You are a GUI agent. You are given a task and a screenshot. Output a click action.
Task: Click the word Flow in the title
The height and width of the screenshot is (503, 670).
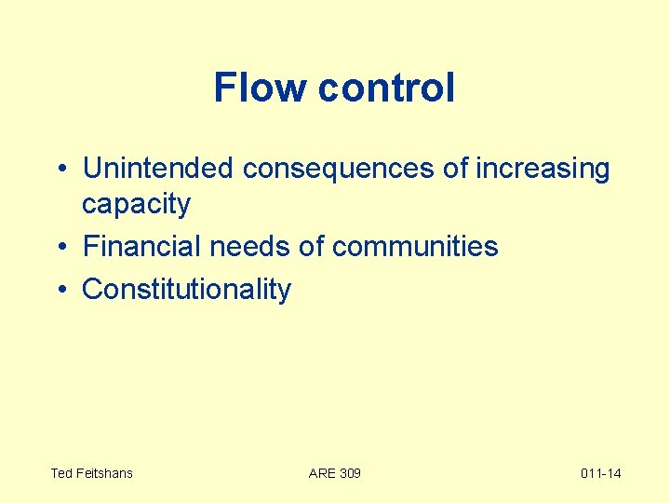[261, 88]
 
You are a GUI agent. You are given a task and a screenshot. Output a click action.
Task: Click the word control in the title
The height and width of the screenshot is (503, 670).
[386, 88]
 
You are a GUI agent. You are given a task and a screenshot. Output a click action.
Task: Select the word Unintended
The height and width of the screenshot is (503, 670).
[158, 169]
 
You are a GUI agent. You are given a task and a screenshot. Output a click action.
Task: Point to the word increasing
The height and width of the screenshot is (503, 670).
[543, 169]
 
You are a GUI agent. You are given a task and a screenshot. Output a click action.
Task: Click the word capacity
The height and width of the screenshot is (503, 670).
[136, 204]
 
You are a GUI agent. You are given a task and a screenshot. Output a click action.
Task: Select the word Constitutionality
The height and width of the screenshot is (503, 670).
[186, 290]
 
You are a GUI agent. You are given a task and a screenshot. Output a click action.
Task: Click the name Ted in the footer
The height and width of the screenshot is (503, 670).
[61, 473]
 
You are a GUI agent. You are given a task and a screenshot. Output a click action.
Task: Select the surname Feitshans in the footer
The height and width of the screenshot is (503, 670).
[104, 473]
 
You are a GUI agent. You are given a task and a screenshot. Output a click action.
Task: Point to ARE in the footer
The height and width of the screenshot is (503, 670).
[322, 473]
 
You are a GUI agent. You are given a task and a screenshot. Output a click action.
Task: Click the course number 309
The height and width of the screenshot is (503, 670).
[350, 473]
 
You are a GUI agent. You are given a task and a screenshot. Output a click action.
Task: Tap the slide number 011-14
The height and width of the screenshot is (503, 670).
[600, 473]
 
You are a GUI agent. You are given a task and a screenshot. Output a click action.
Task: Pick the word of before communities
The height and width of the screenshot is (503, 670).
[312, 247]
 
